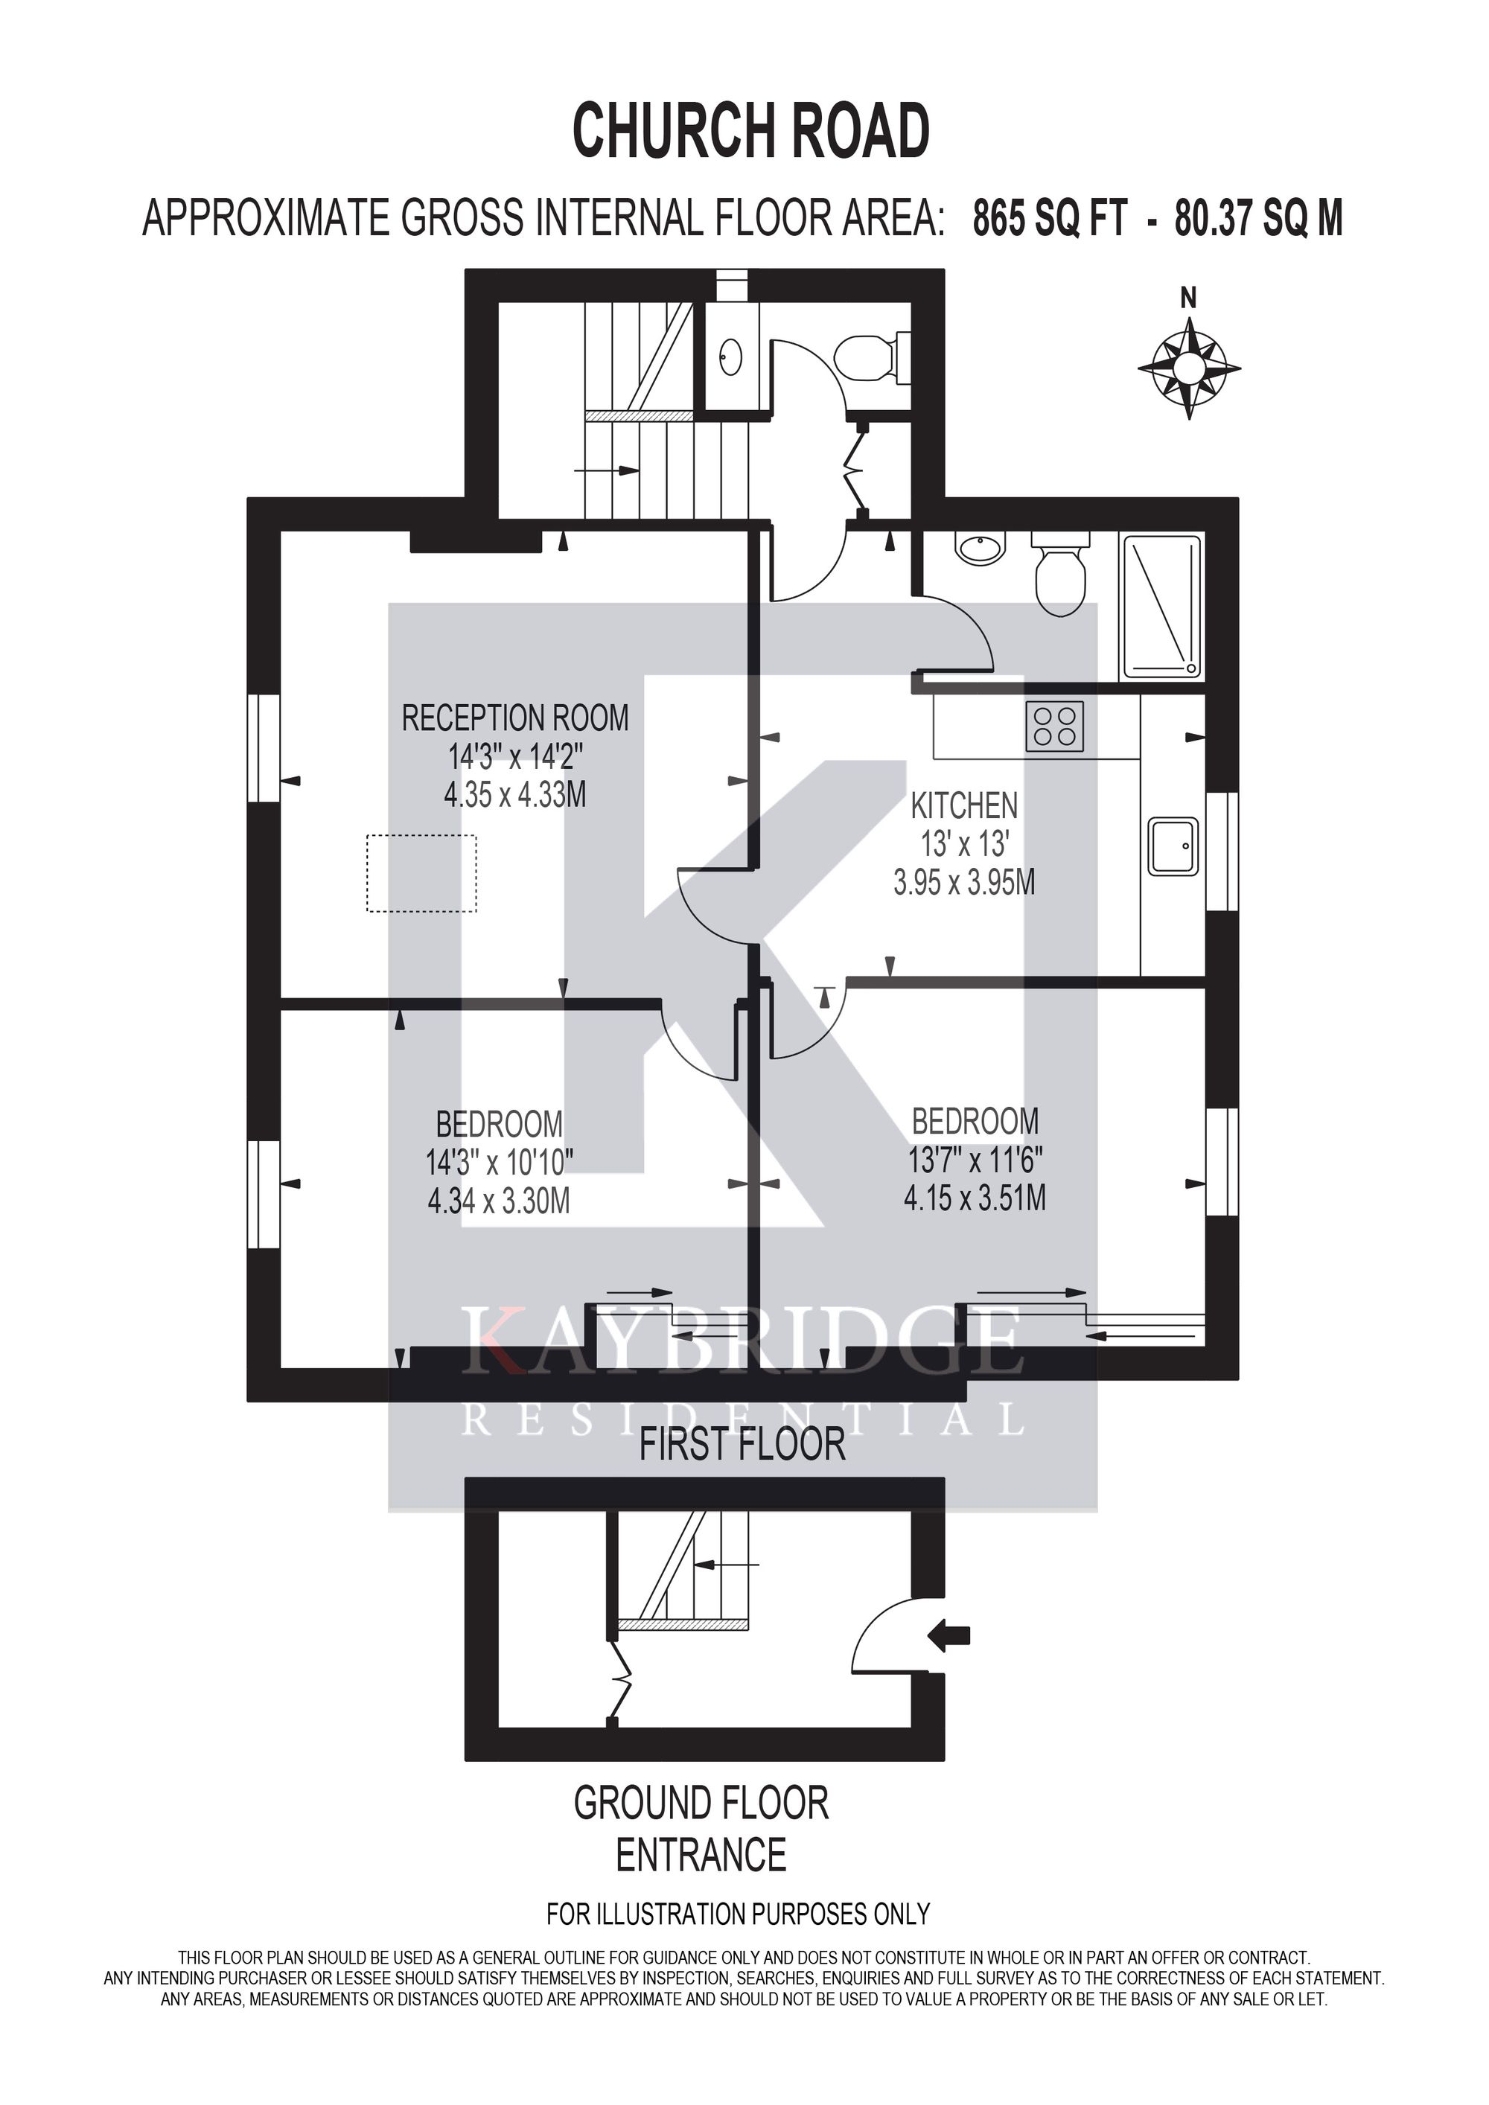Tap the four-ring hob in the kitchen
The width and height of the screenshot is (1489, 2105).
coord(1054,726)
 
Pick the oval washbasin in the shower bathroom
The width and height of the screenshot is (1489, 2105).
coord(981,549)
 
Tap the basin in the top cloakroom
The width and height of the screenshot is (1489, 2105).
coord(731,356)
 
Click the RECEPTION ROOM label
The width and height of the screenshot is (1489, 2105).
coord(515,718)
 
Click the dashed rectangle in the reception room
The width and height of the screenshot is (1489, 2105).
coord(422,873)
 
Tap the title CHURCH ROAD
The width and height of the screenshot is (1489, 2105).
coord(751,131)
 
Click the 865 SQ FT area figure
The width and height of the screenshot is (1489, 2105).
coord(1049,220)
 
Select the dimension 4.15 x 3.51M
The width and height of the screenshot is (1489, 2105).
coord(975,1198)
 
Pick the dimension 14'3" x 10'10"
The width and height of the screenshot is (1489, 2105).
coord(500,1163)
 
